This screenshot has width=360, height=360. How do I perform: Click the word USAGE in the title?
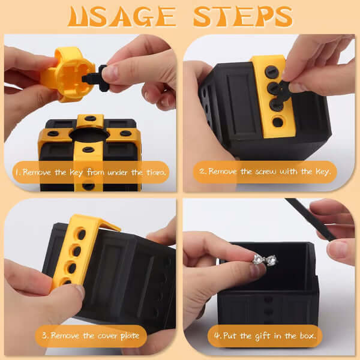click(122, 17)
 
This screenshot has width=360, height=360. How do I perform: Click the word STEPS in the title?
click(243, 17)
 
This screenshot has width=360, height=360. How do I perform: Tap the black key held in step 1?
click(96, 78)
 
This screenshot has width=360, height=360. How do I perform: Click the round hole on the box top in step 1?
click(89, 134)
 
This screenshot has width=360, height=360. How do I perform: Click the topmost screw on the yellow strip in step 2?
click(272, 71)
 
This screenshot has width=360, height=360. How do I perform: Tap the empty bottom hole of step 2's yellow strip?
click(278, 122)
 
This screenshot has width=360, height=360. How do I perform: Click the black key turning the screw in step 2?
click(283, 91)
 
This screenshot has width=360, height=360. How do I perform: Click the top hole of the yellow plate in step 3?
click(81, 234)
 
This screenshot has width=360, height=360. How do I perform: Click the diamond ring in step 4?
click(265, 260)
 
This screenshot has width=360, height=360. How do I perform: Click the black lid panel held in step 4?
click(310, 218)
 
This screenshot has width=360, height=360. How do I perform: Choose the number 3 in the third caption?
click(44, 335)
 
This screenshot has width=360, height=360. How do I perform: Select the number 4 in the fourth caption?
click(217, 336)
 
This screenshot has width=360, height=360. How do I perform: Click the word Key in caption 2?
click(323, 172)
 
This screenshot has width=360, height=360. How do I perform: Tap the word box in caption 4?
click(307, 335)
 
